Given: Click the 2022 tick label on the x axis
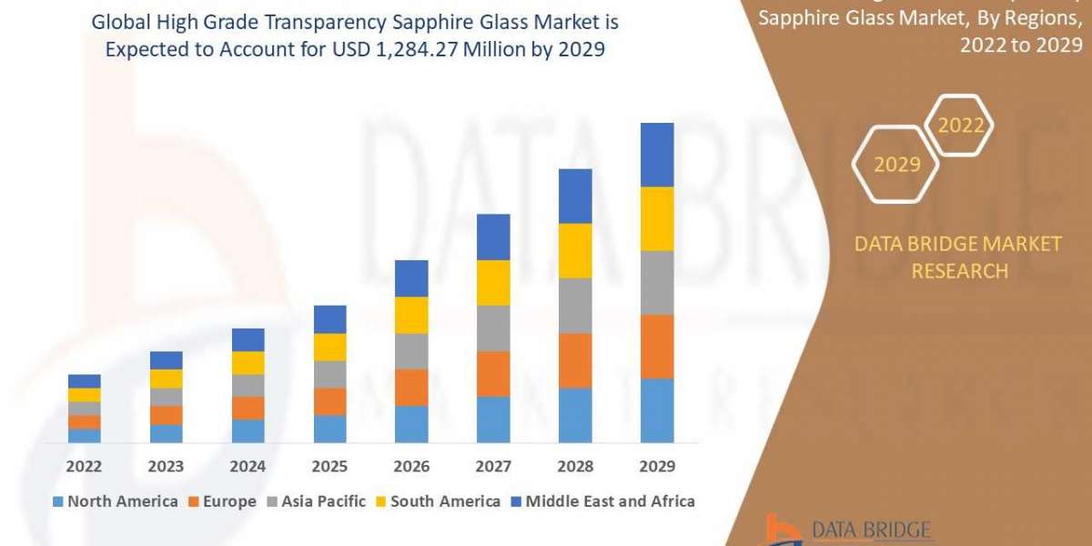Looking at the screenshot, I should (x=84, y=467).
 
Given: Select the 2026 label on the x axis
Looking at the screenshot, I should (x=411, y=467).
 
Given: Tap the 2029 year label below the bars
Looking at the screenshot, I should (x=657, y=467).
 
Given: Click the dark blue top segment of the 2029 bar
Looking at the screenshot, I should (x=657, y=155).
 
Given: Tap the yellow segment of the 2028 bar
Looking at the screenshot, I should (x=575, y=250).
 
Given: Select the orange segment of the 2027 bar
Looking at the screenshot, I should (x=493, y=373).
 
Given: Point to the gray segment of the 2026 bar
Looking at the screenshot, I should (x=411, y=351).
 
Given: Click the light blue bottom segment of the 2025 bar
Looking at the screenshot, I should (x=329, y=429).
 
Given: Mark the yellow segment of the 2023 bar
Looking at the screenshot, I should (x=166, y=379).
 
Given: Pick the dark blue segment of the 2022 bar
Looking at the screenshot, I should (x=84, y=380).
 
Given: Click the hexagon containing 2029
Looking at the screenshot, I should (x=895, y=165).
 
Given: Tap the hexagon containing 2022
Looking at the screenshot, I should (x=960, y=126).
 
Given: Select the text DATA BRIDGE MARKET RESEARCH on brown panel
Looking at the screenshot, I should (x=958, y=258).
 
